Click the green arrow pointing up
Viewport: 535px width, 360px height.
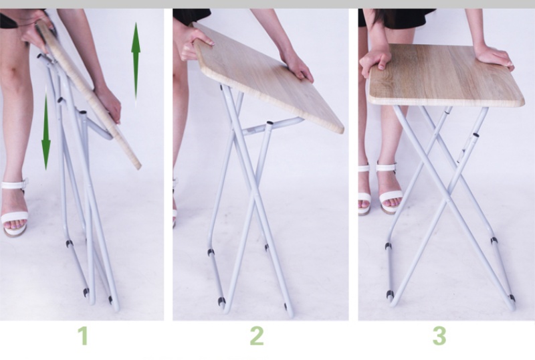click(x=136, y=62)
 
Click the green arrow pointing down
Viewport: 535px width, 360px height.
click(x=46, y=130)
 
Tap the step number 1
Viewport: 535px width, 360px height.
click(x=83, y=336)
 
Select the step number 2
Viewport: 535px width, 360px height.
click(x=257, y=336)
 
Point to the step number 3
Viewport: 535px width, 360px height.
click(x=439, y=336)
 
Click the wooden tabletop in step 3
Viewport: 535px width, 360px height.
click(x=445, y=75)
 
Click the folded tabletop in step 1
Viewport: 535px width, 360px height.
click(x=87, y=92)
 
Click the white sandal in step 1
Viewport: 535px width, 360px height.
click(x=14, y=208)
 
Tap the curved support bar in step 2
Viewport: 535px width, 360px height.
click(x=273, y=126)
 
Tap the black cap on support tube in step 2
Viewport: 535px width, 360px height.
click(x=270, y=122)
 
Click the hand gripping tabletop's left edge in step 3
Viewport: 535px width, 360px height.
click(x=376, y=62)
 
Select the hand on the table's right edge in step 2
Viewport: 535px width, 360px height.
click(x=297, y=67)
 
